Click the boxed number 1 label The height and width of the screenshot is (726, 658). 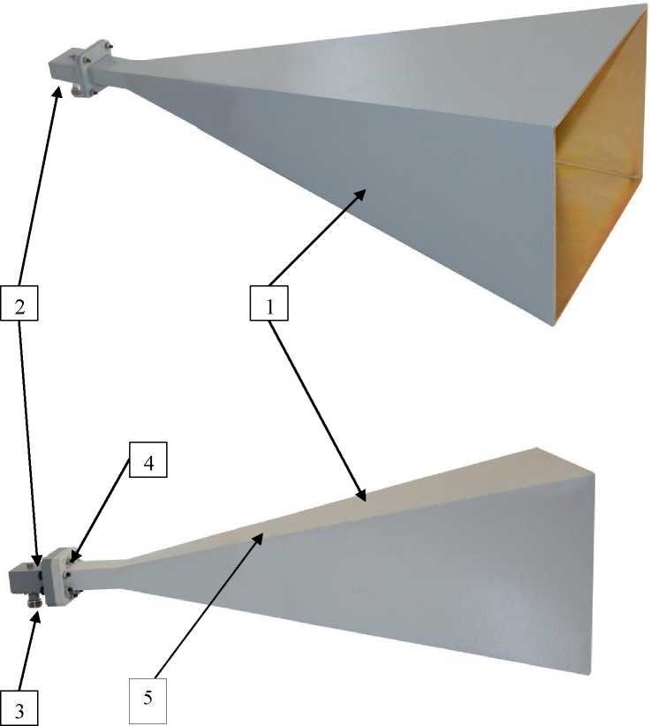tap(269, 303)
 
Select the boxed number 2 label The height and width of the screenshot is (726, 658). tap(19, 303)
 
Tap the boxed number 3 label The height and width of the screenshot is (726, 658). tap(19, 708)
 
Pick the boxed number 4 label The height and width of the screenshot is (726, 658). tap(148, 460)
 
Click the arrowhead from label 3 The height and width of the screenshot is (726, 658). tap(37, 616)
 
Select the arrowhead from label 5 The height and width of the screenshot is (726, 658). tap(261, 537)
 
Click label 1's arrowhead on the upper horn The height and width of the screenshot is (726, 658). tap(361, 193)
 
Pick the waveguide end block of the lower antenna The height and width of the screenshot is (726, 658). tap(26, 579)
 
